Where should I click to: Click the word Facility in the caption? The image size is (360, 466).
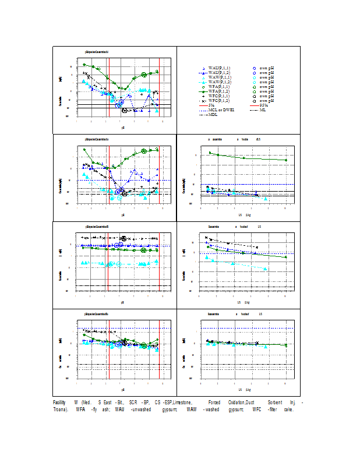point(59,403)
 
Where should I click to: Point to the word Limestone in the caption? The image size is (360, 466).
point(182,403)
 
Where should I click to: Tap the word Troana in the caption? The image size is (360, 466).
point(60,409)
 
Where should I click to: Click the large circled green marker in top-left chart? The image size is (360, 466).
point(144,75)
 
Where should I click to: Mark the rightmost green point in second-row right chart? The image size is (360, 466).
point(285,160)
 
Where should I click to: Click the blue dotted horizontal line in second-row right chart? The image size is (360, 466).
point(245,184)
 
